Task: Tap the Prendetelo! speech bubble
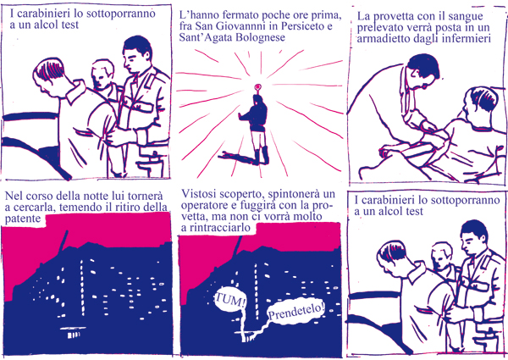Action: pos(295,312)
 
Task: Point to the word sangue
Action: pos(467,17)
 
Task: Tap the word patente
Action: pos(23,219)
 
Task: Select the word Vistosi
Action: pos(199,194)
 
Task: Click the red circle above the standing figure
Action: pos(258,87)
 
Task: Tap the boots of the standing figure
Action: pos(261,156)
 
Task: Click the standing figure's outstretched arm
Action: pos(245,116)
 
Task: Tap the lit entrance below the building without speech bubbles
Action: pos(73,332)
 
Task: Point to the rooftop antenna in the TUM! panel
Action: pos(239,248)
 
